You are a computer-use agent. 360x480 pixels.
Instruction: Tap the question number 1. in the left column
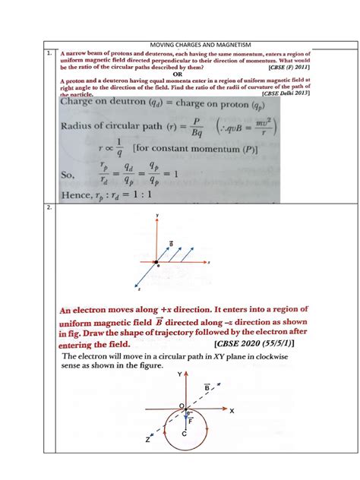pyautogui.click(x=49, y=55)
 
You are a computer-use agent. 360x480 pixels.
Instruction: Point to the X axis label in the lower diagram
pyautogui.click(x=232, y=410)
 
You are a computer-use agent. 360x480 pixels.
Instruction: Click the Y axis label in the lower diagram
pyautogui.click(x=179, y=375)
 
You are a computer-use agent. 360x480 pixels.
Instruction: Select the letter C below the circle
pyautogui.click(x=185, y=434)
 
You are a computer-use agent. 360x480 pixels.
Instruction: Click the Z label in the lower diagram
pyautogui.click(x=149, y=440)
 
